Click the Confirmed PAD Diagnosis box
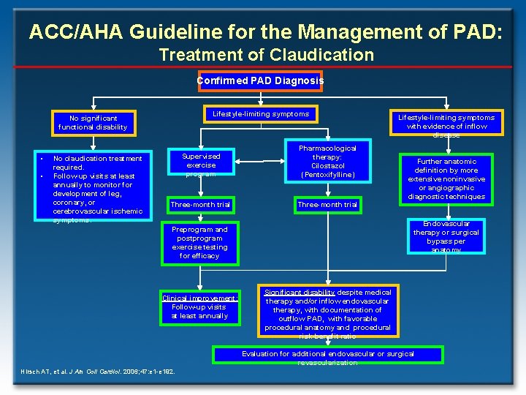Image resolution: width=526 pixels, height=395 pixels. point(259,81)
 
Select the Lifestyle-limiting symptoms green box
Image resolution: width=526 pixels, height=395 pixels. point(260,114)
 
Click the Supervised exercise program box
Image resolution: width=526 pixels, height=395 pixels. point(201,164)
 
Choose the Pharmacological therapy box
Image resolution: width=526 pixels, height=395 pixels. point(327,162)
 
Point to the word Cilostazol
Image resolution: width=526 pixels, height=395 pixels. point(327,166)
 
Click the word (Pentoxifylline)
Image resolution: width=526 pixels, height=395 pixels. point(327,175)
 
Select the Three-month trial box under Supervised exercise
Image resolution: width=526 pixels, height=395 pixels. point(200,205)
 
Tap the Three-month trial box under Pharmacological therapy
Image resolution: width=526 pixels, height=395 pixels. point(327,205)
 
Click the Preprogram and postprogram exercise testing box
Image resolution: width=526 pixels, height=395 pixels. point(199,242)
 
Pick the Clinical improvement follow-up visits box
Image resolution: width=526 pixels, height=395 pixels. point(199,306)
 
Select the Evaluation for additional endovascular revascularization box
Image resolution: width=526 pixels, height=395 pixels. point(327,355)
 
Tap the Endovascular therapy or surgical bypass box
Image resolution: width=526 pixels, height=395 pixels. point(446,236)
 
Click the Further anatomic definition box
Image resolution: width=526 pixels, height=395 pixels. point(446,178)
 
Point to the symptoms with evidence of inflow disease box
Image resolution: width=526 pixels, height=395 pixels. point(446,124)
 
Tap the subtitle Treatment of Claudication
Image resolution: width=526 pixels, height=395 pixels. point(266,55)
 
